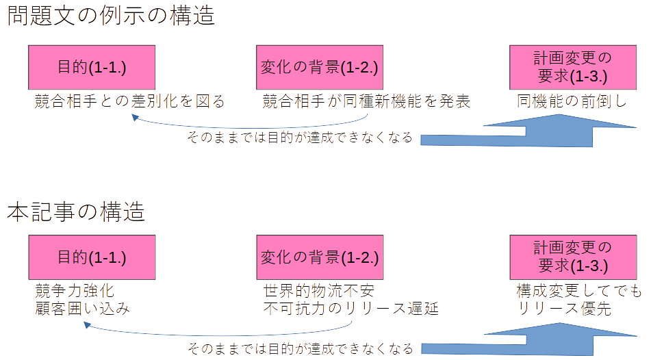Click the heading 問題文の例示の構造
coord(111,15)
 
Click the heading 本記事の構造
coord(77,211)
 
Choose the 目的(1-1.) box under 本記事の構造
coord(92,257)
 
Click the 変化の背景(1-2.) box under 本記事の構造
coord(320,257)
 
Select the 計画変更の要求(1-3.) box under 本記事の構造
coord(573,257)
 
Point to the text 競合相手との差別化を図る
coord(130,102)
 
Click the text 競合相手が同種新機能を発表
coord(367,102)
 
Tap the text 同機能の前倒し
coord(572,102)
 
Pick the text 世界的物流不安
coord(319,290)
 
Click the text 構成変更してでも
coord(579,291)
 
